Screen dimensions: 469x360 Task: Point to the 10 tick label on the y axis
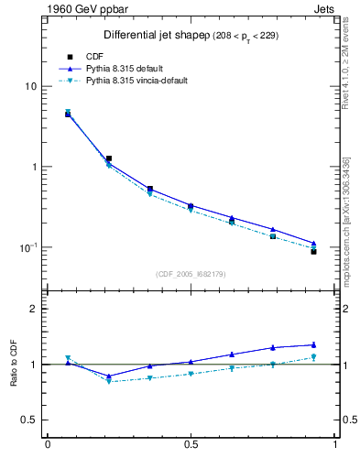30,86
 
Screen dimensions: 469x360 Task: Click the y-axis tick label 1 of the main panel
33,167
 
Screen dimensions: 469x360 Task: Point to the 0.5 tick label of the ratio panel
27,420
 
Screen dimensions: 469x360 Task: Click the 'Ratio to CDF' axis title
13,365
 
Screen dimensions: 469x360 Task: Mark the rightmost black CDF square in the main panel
313,251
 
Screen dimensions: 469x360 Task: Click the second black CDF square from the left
109,158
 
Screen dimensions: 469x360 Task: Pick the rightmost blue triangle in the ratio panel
313,344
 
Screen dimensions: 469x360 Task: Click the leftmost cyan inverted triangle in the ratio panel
68,358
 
